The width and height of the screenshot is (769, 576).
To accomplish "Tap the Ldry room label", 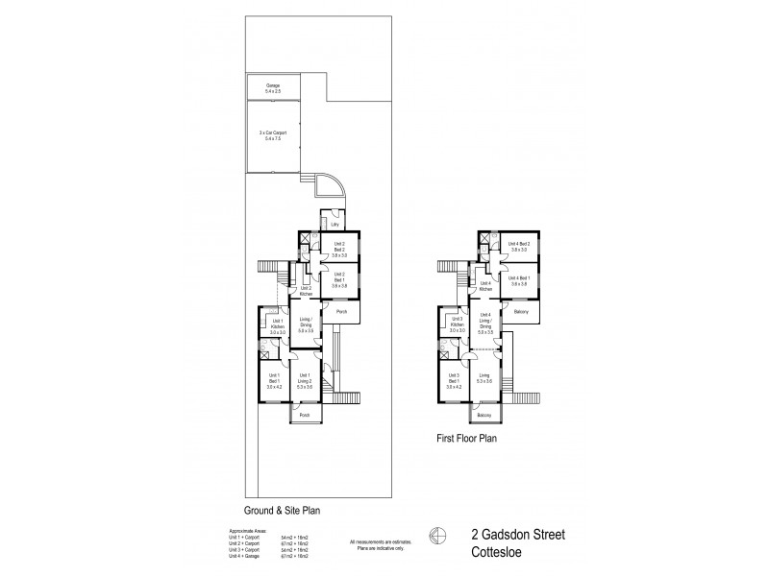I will (x=335, y=225).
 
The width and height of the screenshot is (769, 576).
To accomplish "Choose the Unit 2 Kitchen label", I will (x=306, y=290).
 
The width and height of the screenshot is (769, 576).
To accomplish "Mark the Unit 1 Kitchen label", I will (x=276, y=328).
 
